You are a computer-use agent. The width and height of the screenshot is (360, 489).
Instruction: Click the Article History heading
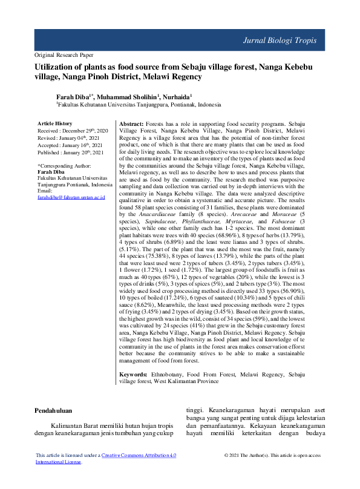55,123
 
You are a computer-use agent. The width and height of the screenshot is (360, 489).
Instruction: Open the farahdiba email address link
71,197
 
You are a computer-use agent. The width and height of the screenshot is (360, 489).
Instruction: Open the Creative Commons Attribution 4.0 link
139,455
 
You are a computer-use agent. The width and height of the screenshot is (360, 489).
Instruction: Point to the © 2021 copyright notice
272,455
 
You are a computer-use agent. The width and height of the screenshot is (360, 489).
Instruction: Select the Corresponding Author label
64,165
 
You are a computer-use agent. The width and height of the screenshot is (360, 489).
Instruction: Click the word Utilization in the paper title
59,68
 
